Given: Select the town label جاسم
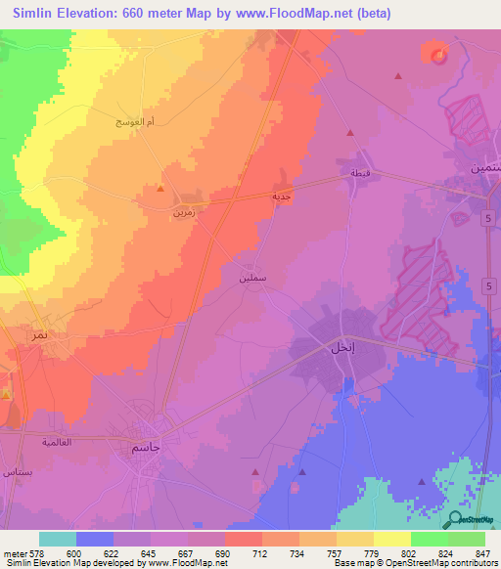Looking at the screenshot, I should click(146, 447).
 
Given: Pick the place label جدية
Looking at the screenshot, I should click(283, 196).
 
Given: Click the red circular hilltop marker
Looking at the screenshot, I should click(437, 55).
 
